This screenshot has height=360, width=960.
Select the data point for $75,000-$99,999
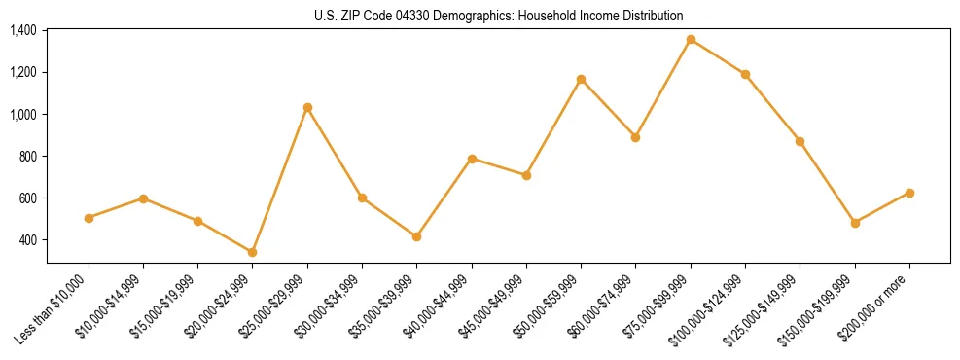click(691, 40)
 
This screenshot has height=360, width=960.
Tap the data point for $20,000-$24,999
click(253, 252)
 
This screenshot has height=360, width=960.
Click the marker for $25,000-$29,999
click(307, 107)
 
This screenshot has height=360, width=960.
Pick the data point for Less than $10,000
click(89, 218)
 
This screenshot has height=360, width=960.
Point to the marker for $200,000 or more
click(909, 193)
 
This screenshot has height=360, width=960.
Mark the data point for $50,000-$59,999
click(581, 79)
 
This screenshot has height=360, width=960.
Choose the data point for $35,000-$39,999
click(416, 236)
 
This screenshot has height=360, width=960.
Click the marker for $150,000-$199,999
click(855, 223)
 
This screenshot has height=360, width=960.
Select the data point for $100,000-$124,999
click(745, 74)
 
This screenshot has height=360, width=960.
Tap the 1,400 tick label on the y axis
click(22, 31)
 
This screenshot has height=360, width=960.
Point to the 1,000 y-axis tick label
click(22, 115)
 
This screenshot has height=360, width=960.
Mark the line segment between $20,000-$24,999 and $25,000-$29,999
click(280, 180)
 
